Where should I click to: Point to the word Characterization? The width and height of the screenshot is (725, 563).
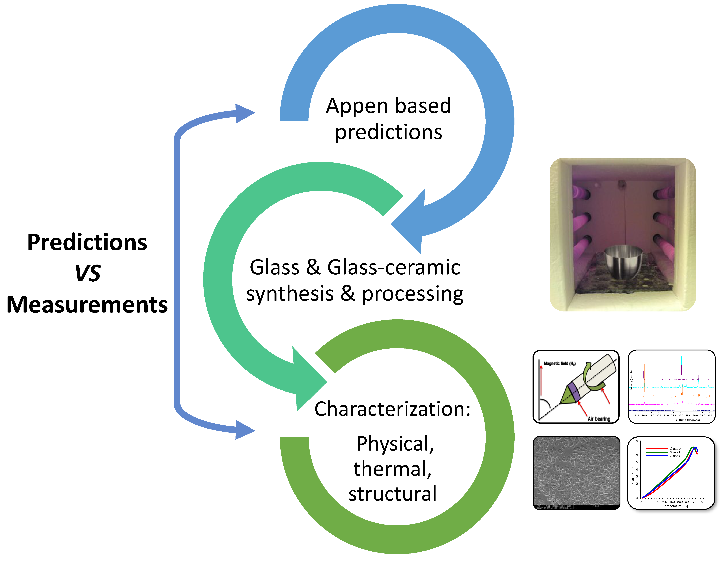pyautogui.click(x=392, y=409)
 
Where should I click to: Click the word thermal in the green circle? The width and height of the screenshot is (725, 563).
pyautogui.click(x=392, y=469)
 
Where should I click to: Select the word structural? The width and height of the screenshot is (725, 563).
pyautogui.click(x=392, y=494)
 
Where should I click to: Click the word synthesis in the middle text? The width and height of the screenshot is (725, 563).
pyautogui.click(x=290, y=294)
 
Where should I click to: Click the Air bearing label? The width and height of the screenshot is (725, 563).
pyautogui.click(x=599, y=419)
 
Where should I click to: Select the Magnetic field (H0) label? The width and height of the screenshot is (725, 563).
pyautogui.click(x=559, y=364)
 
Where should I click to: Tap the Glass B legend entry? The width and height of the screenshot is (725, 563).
pyautogui.click(x=675, y=452)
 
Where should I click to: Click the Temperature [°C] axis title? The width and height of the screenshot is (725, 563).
pyautogui.click(x=675, y=506)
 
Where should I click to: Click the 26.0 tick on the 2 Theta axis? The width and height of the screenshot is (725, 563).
pyautogui.click(x=681, y=415)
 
